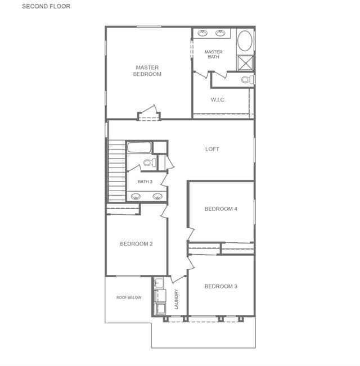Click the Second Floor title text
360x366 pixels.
46,6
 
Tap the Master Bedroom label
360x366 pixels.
147,71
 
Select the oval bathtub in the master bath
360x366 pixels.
245,41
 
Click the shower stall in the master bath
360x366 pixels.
245,63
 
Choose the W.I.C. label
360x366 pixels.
218,100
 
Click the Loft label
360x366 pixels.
212,149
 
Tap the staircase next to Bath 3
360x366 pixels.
117,170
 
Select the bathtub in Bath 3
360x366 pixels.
139,147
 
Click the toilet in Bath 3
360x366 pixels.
150,162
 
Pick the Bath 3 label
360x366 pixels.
145,182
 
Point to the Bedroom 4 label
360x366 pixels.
220,209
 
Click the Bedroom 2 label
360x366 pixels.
136,244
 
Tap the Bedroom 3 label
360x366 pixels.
221,286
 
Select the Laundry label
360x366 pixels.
176,299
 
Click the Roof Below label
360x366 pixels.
129,297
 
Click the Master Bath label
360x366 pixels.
213,54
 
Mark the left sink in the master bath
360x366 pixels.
202,33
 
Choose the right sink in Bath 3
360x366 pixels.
157,196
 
